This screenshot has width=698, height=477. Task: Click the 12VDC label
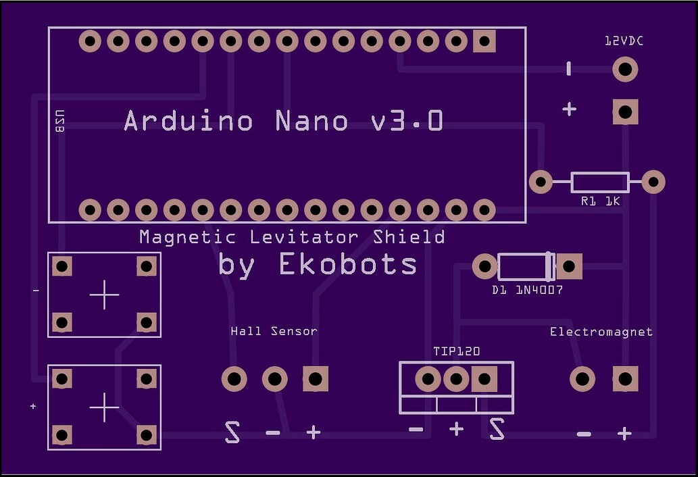point(624,41)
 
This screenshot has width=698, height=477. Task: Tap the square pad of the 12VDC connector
point(626,111)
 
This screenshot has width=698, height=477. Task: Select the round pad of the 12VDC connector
point(626,70)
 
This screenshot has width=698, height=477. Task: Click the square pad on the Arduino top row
point(484,42)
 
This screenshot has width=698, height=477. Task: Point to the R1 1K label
point(600,201)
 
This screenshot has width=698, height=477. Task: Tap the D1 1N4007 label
point(527,290)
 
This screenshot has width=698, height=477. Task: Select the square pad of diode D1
point(570,266)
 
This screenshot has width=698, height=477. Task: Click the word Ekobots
point(348,264)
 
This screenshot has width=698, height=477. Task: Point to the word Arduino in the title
point(189,121)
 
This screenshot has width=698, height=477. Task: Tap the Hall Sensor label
point(274,331)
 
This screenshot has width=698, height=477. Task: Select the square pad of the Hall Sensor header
point(316,378)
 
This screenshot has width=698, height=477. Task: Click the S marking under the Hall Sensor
point(232,432)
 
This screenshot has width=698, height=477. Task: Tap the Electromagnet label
point(601,332)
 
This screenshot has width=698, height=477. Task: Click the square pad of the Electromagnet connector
point(625,379)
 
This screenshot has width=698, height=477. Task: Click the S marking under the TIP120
point(497,429)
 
